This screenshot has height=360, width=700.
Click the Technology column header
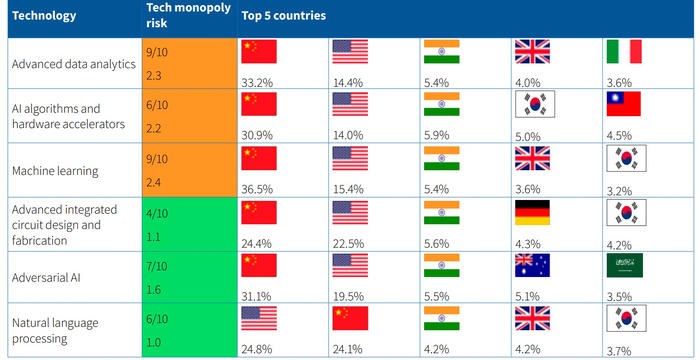pyautogui.click(x=44, y=16)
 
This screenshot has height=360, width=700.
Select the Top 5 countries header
pyautogui.click(x=283, y=16)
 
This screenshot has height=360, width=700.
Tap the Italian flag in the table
pyautogui.click(x=624, y=51)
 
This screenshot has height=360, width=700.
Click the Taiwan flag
pyautogui.click(x=624, y=104)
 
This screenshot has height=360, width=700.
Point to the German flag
pyautogui.click(x=532, y=212)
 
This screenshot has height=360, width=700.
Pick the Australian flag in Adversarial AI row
pyautogui.click(x=532, y=265)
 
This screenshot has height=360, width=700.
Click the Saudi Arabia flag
pyautogui.click(x=625, y=265)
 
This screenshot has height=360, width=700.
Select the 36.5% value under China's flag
pyautogui.click(x=257, y=189)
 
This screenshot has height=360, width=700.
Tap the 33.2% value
pyautogui.click(x=257, y=83)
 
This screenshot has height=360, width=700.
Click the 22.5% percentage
pyautogui.click(x=348, y=244)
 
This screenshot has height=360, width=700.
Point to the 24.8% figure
pyautogui.click(x=257, y=349)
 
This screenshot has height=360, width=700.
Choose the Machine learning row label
pyautogui.click(x=55, y=172)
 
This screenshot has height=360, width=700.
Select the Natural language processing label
pyautogui.click(x=55, y=331)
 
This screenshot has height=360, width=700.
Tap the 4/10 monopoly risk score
pyautogui.click(x=157, y=213)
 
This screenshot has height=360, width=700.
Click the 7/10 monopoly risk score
pyautogui.click(x=157, y=267)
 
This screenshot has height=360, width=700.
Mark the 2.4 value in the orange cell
pyautogui.click(x=153, y=183)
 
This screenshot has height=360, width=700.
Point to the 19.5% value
pyautogui.click(x=348, y=297)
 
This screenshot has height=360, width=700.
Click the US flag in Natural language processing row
pyautogui.click(x=259, y=318)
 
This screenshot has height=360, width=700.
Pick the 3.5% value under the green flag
pyautogui.click(x=619, y=297)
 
